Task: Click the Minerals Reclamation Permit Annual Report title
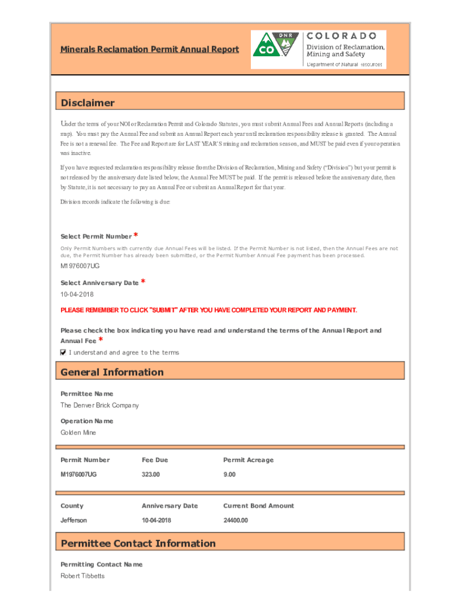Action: point(149,49)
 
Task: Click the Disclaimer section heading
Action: point(87,103)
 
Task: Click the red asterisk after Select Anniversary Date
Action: point(144,281)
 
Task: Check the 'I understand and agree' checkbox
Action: point(63,353)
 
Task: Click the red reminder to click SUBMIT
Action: point(208,310)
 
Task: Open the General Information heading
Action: point(112,372)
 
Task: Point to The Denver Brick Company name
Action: point(99,405)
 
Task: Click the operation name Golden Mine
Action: point(78,432)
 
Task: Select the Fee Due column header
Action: point(154,460)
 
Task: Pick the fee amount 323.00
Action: point(151,474)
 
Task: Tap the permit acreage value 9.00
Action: point(229,474)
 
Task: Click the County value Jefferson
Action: point(74,520)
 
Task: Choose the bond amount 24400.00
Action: point(235,520)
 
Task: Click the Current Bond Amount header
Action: point(259,506)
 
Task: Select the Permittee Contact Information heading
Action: point(138,544)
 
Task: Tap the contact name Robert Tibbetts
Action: point(83,576)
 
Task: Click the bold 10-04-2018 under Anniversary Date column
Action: point(156,520)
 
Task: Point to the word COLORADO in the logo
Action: point(342,36)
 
